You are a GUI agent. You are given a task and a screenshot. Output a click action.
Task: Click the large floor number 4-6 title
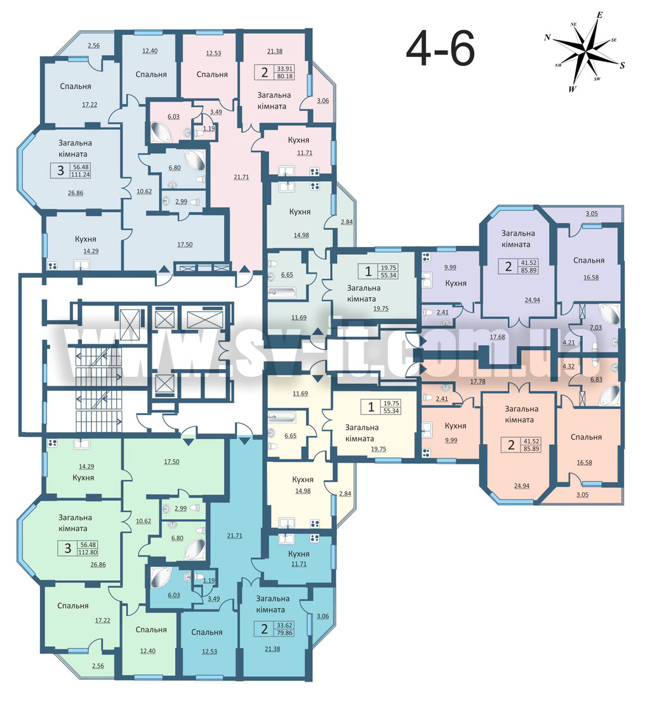(440, 50)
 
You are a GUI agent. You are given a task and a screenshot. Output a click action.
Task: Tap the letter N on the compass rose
(547, 37)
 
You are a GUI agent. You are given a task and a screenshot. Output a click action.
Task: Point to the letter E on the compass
(599, 15)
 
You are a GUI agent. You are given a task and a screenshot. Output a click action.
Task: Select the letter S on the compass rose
(622, 65)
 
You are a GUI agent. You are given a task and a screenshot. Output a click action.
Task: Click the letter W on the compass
(572, 89)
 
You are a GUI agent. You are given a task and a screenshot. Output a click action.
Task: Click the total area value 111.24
(80, 175)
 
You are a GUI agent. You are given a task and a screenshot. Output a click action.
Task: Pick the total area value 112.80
(88, 552)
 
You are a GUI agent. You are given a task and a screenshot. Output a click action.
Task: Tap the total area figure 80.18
(285, 76)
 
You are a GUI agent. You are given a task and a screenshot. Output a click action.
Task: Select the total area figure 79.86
(285, 633)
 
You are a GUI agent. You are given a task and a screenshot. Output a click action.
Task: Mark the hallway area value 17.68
(497, 337)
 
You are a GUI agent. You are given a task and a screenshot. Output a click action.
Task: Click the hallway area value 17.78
(477, 382)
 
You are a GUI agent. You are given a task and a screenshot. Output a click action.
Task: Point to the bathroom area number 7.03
(595, 328)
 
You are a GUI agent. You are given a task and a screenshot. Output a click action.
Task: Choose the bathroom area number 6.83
(596, 379)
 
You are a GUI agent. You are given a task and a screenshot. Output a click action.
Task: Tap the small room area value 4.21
(568, 342)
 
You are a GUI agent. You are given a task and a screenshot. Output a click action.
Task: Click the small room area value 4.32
(568, 366)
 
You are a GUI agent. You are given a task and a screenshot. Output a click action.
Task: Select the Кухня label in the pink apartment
(298, 140)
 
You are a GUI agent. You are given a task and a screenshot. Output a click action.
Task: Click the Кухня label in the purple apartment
(456, 283)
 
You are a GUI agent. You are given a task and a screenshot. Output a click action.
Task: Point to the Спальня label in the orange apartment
(586, 437)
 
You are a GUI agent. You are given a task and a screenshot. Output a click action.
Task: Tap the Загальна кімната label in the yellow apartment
(362, 433)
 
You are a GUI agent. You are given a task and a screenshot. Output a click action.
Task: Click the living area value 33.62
(285, 625)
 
